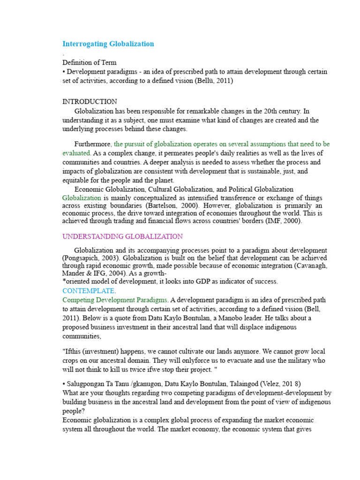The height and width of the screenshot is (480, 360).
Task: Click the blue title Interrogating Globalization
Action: tap(108, 44)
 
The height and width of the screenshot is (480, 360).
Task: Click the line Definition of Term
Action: tap(90, 62)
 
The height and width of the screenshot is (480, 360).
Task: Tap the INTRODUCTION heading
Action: tap(90, 102)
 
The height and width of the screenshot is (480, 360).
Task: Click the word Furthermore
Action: tap(93, 144)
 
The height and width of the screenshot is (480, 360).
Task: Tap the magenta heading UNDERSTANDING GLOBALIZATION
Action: tap(122, 236)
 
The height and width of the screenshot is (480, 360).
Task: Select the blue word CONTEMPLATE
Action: tap(88, 291)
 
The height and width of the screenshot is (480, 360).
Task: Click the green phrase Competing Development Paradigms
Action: tap(115, 300)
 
